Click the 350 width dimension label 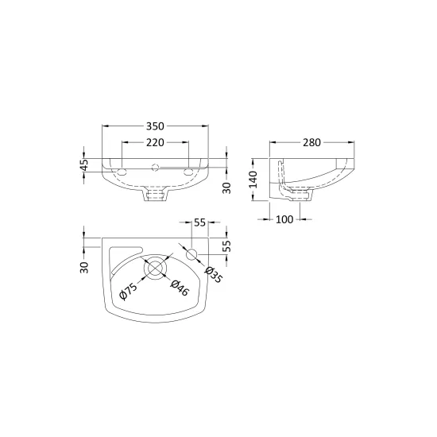[155, 126]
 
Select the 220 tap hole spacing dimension [155, 142]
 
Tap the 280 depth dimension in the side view [312, 142]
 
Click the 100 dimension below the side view [284, 219]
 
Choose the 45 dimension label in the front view [85, 164]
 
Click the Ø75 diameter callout [129, 291]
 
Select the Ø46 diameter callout [180, 288]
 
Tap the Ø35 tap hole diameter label [214, 275]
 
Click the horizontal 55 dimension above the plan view [199, 222]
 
